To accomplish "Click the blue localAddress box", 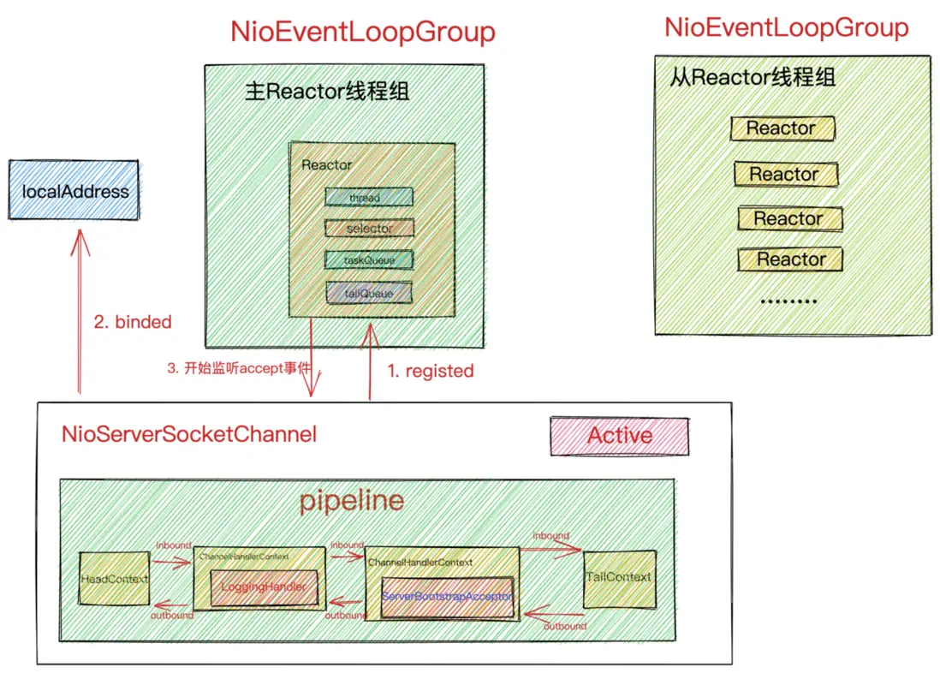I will (74, 190).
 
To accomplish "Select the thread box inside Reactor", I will (369, 198).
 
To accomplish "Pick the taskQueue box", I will (369, 259).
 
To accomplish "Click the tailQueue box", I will (369, 293).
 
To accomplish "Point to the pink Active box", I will (619, 436).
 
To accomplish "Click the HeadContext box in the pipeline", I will (114, 579).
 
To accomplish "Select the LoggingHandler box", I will (259, 588).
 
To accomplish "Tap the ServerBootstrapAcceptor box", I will (447, 596).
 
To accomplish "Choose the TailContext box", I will (618, 578).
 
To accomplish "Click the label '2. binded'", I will (133, 323).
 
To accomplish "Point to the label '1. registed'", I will (431, 371).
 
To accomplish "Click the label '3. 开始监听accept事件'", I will (239, 370).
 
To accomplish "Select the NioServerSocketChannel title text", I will (189, 434).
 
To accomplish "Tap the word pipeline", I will (352, 501).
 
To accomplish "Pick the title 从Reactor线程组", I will (752, 78).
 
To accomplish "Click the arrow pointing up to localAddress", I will (80, 308).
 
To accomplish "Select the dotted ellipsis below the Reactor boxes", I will (788, 301).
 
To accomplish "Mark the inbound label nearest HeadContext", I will (174, 545).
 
